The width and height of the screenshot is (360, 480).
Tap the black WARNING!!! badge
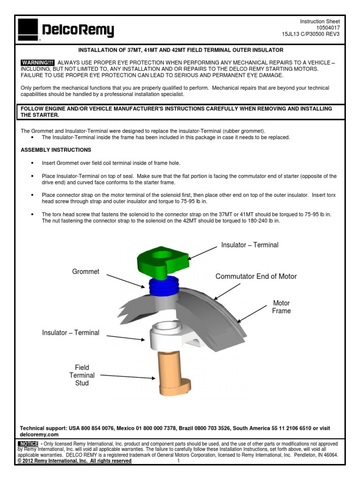coord(38,63)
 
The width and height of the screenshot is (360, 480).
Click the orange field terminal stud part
coord(171,372)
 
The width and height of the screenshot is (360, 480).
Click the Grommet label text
coord(86,272)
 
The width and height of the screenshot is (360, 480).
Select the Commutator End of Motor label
coord(256,277)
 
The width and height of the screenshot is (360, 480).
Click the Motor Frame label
coord(281,307)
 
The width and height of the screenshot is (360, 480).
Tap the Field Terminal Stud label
coord(82,375)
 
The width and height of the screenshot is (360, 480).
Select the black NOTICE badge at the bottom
coord(29,443)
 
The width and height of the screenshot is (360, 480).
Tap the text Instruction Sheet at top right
coord(320,22)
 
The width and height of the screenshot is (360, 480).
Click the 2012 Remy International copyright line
coord(75,461)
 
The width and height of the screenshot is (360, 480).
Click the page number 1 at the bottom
coord(179,461)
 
